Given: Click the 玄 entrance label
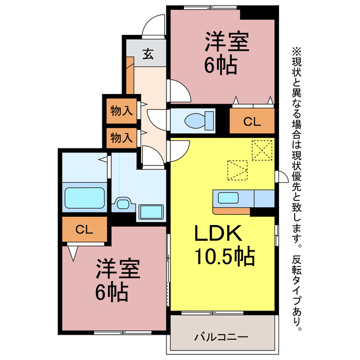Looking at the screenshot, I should click(x=147, y=55).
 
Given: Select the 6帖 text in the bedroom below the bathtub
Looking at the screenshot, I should click(x=110, y=292).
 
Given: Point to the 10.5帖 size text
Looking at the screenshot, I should click(x=224, y=258).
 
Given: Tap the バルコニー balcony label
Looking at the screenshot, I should click(x=221, y=337).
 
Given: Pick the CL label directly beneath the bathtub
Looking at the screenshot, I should click(x=84, y=229).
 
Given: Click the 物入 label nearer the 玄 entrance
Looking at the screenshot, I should click(x=121, y=111).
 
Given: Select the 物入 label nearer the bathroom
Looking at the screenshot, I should click(x=121, y=137).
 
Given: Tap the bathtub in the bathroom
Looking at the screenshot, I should click(x=85, y=198).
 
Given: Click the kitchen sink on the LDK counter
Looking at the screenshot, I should click(x=228, y=198).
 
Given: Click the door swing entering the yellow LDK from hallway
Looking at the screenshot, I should click(x=179, y=149).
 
